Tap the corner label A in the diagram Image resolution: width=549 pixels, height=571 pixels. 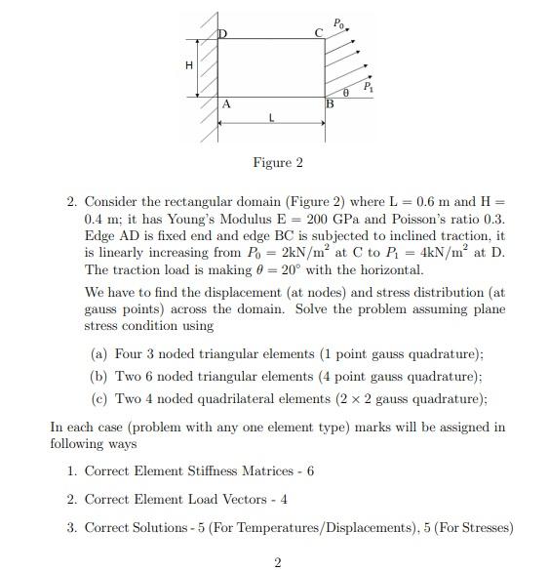226,102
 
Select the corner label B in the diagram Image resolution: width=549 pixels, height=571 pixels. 330,103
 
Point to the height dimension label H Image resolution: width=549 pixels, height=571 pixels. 189,66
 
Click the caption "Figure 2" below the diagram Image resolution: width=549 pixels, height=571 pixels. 278,162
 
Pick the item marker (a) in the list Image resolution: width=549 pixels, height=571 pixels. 98,354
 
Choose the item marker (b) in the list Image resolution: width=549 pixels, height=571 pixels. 98,376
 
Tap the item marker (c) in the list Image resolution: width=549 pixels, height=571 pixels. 98,398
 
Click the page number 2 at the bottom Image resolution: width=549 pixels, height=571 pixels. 278,561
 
